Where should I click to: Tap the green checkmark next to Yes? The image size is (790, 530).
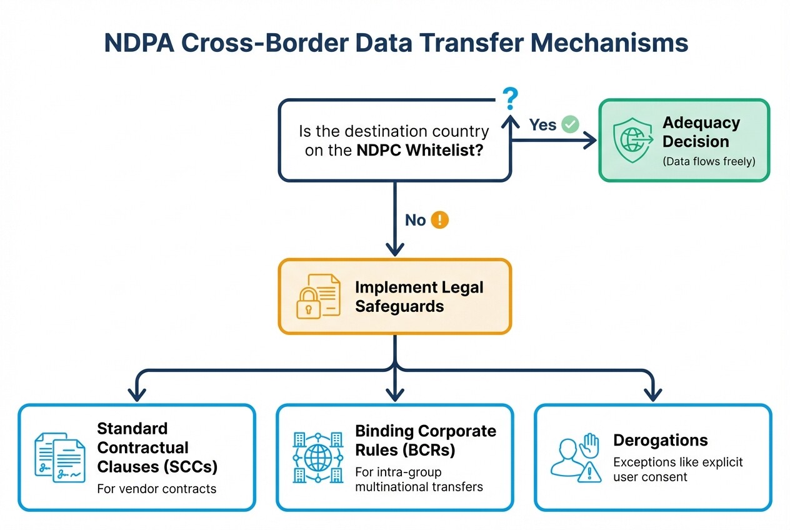(570, 124)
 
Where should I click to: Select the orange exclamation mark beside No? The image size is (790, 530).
(440, 219)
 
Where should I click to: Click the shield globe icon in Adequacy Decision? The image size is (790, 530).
(629, 138)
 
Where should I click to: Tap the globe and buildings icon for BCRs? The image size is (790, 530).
(318, 457)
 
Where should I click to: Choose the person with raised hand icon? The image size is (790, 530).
(575, 458)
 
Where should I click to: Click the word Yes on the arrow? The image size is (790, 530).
(542, 125)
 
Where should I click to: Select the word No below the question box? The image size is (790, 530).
(415, 220)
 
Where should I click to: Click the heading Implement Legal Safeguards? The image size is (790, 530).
(419, 297)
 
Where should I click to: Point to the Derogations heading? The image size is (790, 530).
(660, 440)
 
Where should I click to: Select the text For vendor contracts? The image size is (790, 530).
(157, 488)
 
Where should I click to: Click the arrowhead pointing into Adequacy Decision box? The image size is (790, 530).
(591, 141)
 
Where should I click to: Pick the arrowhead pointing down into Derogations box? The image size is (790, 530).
(652, 396)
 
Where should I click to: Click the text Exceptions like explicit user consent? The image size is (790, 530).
(677, 469)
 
